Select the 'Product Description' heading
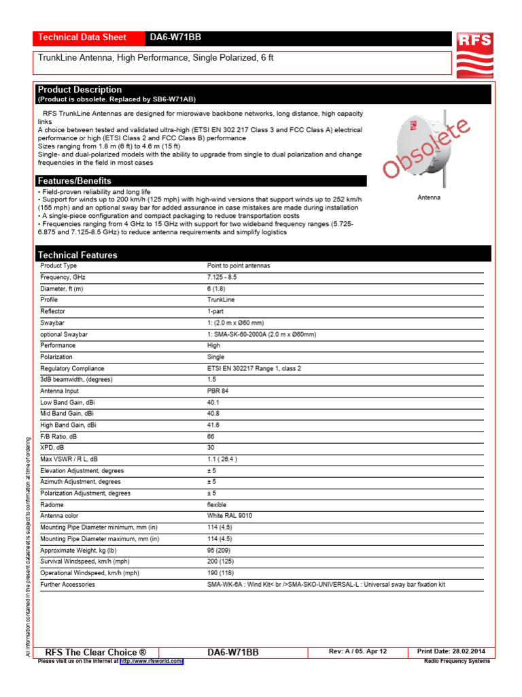click(80, 90)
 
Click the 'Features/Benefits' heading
click(75, 181)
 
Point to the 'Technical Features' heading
click(77, 255)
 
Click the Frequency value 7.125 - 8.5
click(222, 278)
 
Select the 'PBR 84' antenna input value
click(217, 391)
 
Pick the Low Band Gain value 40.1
click(213, 402)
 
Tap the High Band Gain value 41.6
click(213, 425)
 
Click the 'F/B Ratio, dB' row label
click(58, 436)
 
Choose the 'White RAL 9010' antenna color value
click(229, 516)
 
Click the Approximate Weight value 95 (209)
click(218, 550)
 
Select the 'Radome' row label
click(52, 505)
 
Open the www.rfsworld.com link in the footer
click(152, 661)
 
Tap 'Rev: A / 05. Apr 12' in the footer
click(358, 651)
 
